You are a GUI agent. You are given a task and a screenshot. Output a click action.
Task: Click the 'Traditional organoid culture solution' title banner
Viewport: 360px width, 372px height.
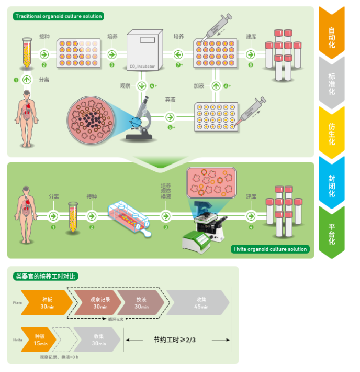[58, 16]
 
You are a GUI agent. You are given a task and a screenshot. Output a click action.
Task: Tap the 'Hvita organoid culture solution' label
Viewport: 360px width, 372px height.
[269, 249]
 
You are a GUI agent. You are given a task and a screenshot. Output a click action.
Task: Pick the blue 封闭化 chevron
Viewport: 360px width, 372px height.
[332, 181]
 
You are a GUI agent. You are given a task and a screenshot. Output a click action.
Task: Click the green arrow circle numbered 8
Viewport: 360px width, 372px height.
[251, 54]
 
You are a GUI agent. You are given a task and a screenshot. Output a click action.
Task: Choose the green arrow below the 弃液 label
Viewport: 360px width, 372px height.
[170, 117]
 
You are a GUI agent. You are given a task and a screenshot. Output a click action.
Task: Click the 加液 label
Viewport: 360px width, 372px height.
[199, 85]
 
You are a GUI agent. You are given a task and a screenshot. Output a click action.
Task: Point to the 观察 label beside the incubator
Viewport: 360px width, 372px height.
[125, 85]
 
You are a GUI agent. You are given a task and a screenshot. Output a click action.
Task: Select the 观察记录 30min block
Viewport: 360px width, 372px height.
[99, 303]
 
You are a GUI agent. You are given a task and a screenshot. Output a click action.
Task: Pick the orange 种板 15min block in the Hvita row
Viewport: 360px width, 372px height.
[40, 340]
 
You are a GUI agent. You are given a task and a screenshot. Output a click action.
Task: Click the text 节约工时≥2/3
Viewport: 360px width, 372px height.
[174, 340]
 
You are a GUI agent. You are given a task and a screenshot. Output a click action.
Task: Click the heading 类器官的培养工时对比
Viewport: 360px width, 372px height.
[45, 276]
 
